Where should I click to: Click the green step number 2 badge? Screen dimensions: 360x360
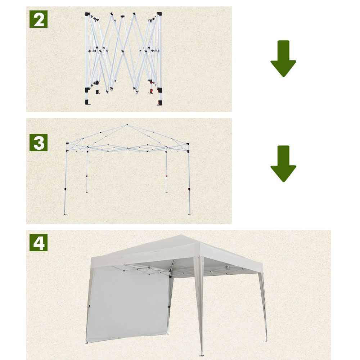[x=39, y=19]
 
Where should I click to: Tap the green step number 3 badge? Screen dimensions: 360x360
[x=39, y=143]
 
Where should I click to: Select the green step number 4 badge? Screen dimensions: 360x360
[x=39, y=243]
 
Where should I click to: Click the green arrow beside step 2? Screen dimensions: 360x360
[x=283, y=59]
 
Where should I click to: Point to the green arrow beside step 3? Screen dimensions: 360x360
[x=283, y=164]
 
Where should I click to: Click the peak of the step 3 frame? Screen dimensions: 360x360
[x=127, y=125]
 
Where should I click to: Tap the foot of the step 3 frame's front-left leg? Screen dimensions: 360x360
[x=65, y=214]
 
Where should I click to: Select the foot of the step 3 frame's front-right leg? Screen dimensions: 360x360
[x=189, y=214]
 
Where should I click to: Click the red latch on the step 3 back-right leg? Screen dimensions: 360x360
[x=167, y=176]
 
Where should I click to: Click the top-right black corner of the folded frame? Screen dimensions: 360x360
[x=159, y=14]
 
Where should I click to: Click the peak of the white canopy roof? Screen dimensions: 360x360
[x=181, y=235]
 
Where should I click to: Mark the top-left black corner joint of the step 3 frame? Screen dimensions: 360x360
[x=68, y=144]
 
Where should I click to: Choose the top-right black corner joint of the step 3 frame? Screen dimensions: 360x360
[x=188, y=144]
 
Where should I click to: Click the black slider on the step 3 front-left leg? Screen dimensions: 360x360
[x=65, y=189]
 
